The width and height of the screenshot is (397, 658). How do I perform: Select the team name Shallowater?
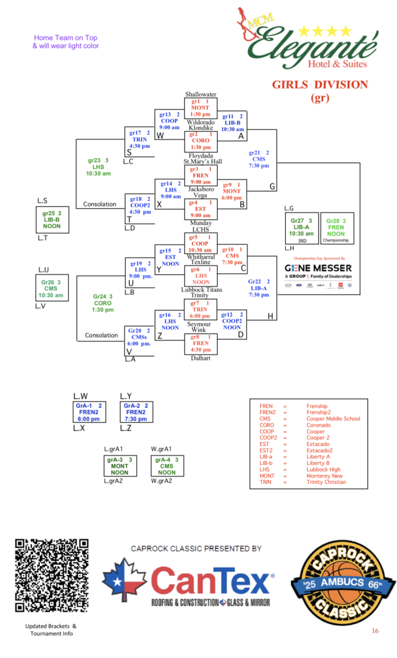pos(200,94)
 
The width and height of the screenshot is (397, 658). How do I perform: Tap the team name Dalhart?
pos(200,359)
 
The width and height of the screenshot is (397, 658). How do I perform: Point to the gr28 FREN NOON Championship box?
pos(337,228)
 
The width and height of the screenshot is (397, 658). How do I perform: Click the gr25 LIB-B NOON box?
pos(52,219)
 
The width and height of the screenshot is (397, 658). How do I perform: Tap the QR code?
pos(51,576)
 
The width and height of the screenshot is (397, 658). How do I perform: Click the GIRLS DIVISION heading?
pos(319,85)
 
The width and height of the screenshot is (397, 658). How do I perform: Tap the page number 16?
pos(375,631)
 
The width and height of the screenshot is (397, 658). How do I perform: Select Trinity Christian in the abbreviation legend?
pos(326,482)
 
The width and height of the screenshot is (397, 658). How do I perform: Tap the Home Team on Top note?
pos(66,42)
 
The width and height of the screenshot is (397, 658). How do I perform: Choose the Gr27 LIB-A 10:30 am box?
pos(301,228)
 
